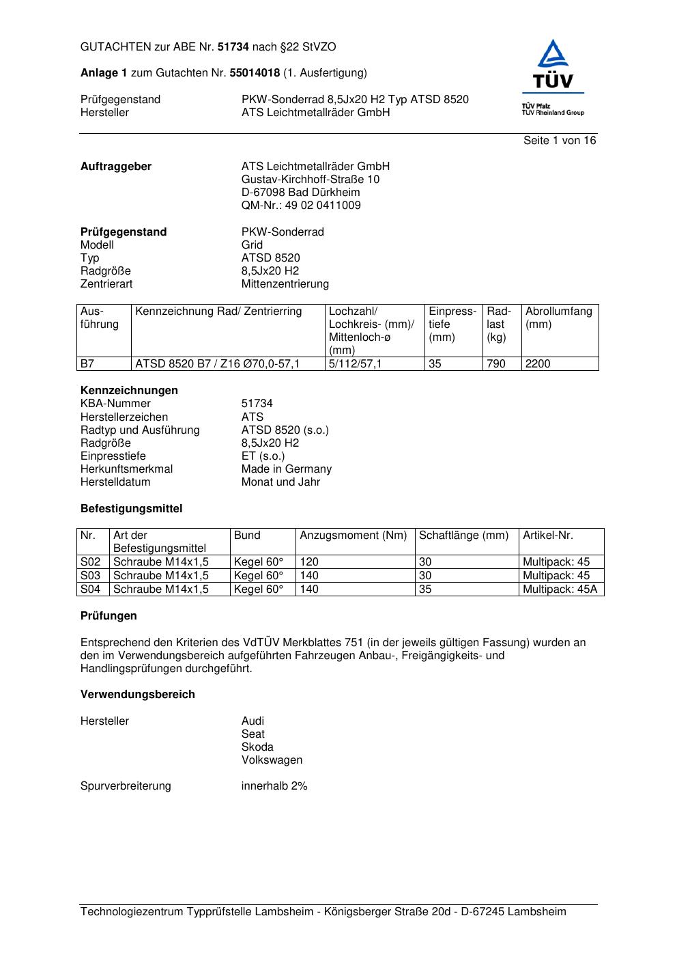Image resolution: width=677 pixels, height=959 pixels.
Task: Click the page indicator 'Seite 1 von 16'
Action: pyautogui.click(x=559, y=141)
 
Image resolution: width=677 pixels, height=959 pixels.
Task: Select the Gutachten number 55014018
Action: pyautogui.click(x=255, y=73)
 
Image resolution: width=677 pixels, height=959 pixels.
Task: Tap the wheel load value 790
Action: pyautogui.click(x=496, y=364)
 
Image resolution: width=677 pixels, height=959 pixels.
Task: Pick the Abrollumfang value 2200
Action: pyautogui.click(x=538, y=364)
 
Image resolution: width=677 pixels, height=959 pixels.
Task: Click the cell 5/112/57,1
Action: pyautogui.click(x=356, y=364)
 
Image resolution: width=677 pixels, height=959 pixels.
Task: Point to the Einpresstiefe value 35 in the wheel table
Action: pyautogui.click(x=435, y=364)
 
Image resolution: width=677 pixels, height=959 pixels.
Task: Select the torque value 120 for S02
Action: pyautogui.click(x=309, y=562)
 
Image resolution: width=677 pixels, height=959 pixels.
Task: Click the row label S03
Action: pyautogui.click(x=91, y=576)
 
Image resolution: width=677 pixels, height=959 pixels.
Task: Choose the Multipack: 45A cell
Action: pyautogui.click(x=559, y=589)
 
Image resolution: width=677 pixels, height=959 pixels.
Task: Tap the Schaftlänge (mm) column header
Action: pyautogui.click(x=464, y=536)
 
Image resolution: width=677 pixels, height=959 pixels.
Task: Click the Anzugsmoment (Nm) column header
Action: pyautogui.click(x=353, y=536)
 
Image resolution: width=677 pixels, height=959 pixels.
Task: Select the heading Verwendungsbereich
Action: pyautogui.click(x=138, y=695)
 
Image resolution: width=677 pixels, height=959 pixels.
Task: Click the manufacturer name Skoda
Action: pyautogui.click(x=257, y=747)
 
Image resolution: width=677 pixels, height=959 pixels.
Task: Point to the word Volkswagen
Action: pyautogui.click(x=272, y=760)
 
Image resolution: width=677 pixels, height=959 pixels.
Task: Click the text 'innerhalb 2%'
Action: pyautogui.click(x=274, y=786)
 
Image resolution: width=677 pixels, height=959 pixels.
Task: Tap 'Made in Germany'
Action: pyautogui.click(x=287, y=469)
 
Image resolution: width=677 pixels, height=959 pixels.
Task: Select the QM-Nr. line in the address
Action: pyautogui.click(x=301, y=206)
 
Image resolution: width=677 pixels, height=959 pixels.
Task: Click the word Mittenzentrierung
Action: pyautogui.click(x=285, y=284)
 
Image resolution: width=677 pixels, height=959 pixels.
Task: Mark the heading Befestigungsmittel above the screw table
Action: pyautogui.click(x=132, y=509)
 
